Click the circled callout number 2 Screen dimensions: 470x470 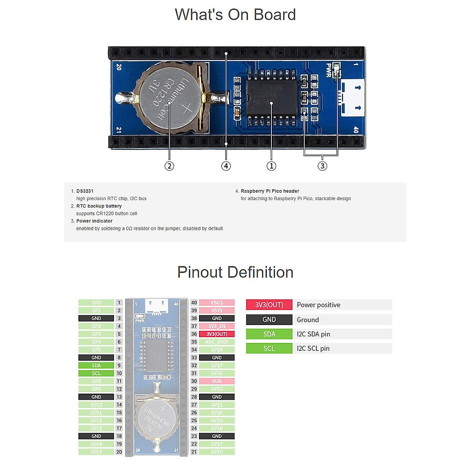169,166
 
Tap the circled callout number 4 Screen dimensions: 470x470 226,166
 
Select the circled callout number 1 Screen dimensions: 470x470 271,166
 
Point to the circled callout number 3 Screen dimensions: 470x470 322,166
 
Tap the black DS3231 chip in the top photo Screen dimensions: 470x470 271,98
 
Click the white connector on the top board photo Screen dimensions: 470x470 352,98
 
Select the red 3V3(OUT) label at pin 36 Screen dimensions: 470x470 217,334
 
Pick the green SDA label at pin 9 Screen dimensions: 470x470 96,365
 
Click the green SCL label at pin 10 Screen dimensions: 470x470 96,373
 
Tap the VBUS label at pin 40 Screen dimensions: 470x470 217,303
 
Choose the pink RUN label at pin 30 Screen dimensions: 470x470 217,381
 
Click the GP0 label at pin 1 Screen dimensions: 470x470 96,303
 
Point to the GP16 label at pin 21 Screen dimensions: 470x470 217,452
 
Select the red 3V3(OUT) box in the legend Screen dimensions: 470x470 269,305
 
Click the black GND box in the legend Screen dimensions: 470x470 269,320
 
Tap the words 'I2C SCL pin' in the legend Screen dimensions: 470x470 313,349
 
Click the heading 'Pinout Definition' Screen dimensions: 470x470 235,272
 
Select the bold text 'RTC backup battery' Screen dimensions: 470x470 99,206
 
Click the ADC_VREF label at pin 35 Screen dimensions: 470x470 217,342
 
